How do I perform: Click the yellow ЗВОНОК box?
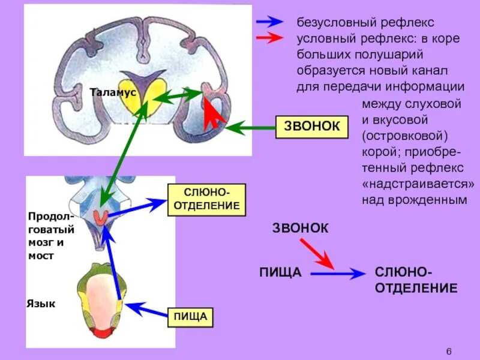311,127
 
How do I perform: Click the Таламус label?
113,92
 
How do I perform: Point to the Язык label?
41,304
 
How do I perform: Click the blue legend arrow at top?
269,22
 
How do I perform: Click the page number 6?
449,351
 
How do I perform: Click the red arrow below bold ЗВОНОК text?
317,253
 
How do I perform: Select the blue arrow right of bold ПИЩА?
337,274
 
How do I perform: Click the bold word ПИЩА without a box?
280,274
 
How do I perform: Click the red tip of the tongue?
100,331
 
